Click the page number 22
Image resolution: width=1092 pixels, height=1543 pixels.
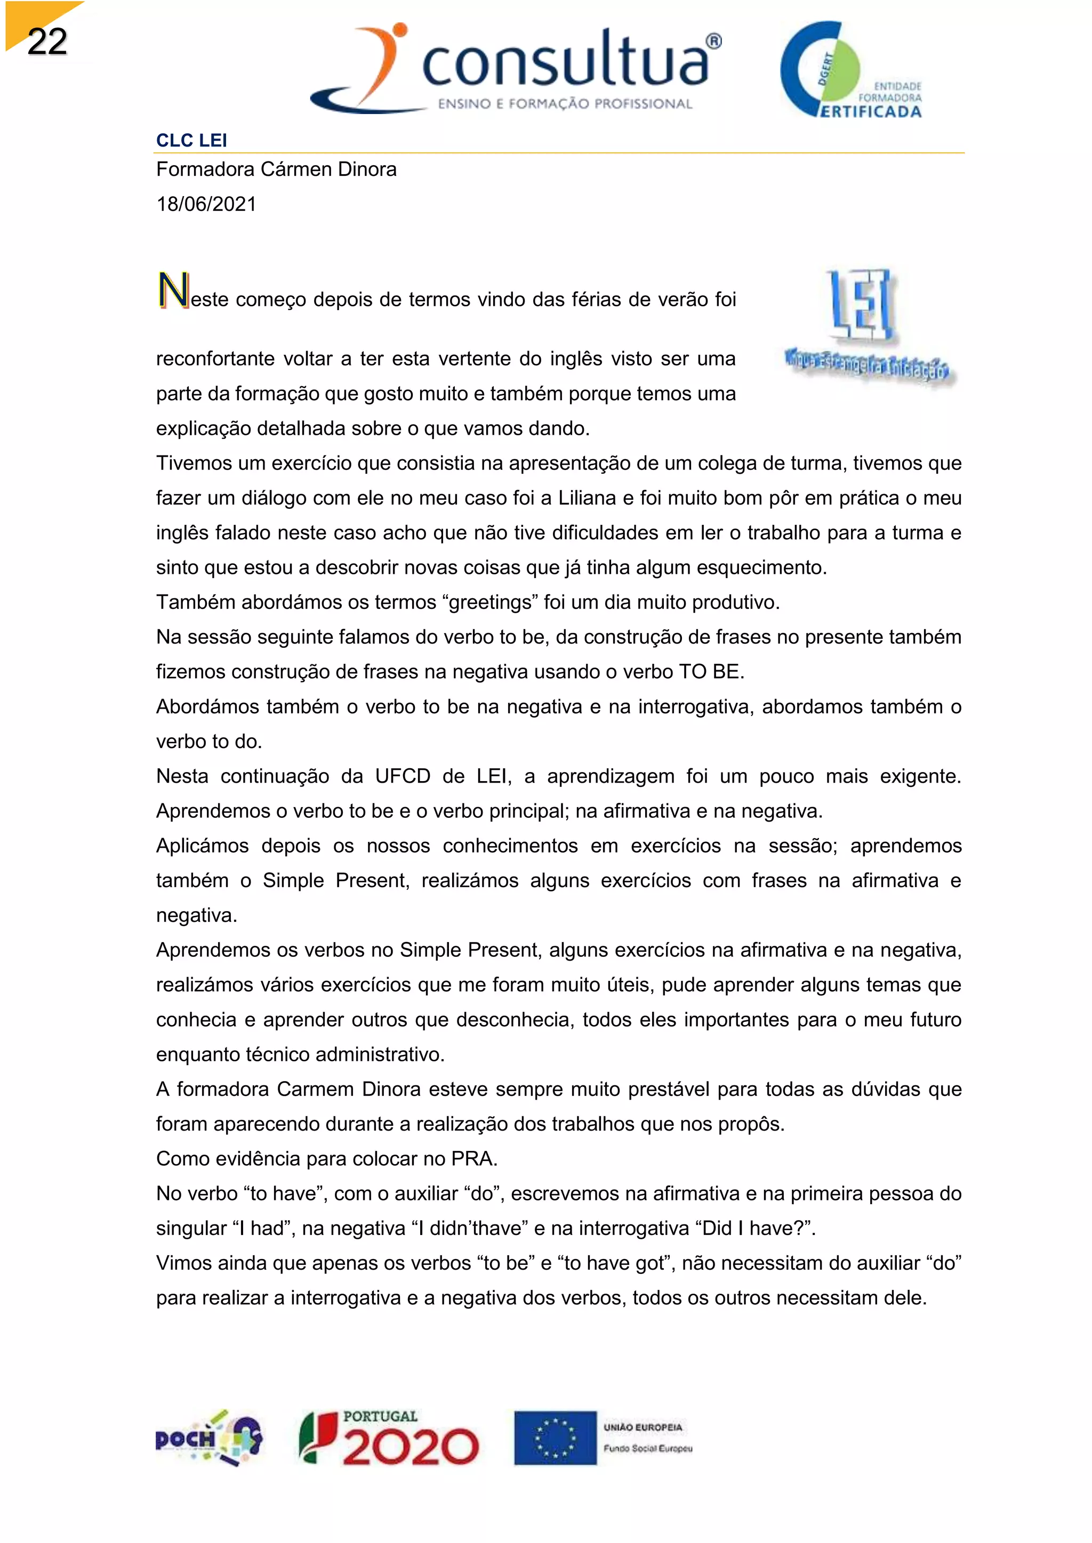[47, 42]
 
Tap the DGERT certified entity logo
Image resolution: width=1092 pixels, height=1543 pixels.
[850, 70]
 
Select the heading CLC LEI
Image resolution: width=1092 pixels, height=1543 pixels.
[191, 141]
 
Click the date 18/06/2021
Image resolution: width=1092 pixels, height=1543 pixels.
[206, 204]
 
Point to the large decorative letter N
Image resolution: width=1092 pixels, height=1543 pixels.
[173, 291]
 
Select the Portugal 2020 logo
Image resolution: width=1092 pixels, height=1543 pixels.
[389, 1438]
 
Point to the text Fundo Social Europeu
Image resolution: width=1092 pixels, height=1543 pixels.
[647, 1448]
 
